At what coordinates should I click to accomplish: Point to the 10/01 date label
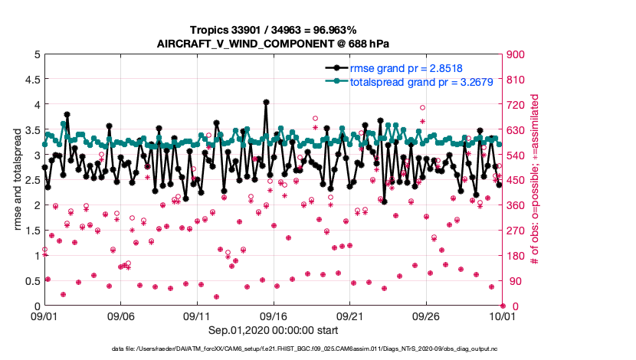click(502, 315)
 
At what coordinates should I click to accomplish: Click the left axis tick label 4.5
click(30, 79)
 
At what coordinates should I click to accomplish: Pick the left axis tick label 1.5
click(30, 230)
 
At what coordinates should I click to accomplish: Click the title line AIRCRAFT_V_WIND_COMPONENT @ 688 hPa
click(273, 43)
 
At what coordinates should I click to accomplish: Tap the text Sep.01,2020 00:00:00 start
click(273, 331)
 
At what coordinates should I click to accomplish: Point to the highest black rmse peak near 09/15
click(265, 102)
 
